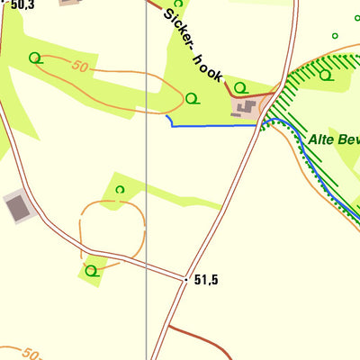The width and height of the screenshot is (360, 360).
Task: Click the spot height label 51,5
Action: coord(206,280)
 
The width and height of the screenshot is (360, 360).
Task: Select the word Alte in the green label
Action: coord(320,139)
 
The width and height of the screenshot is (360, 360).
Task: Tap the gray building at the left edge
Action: coord(17,208)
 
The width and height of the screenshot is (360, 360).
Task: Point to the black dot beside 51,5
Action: coord(186,280)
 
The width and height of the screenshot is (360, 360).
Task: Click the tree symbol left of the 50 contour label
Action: coord(35,58)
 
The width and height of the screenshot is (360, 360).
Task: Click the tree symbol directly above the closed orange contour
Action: coord(120,189)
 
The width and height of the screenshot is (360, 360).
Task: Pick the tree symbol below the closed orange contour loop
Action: coord(90,269)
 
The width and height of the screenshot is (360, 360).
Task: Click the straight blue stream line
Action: coord(216,126)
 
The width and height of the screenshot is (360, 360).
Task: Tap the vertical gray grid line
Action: coord(147,180)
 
